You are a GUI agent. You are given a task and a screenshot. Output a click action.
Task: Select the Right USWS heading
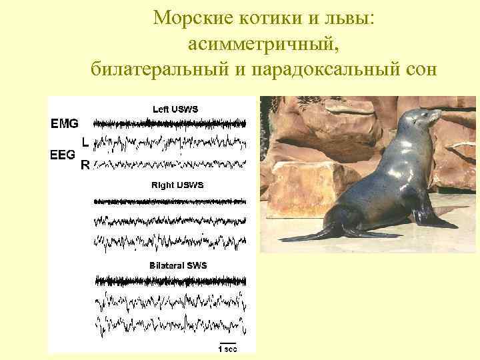(x=177, y=185)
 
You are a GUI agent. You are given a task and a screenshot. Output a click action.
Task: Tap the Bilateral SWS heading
(x=178, y=265)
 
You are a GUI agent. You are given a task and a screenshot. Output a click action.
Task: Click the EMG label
(x=65, y=123)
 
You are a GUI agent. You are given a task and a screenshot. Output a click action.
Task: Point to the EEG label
(x=63, y=154)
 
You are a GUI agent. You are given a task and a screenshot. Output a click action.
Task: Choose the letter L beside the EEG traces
(x=84, y=142)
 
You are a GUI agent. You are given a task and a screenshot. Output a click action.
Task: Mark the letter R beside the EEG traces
(x=84, y=166)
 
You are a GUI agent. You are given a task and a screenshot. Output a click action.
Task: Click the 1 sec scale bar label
(x=227, y=347)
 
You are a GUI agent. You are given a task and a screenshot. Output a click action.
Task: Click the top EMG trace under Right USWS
(x=170, y=201)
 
